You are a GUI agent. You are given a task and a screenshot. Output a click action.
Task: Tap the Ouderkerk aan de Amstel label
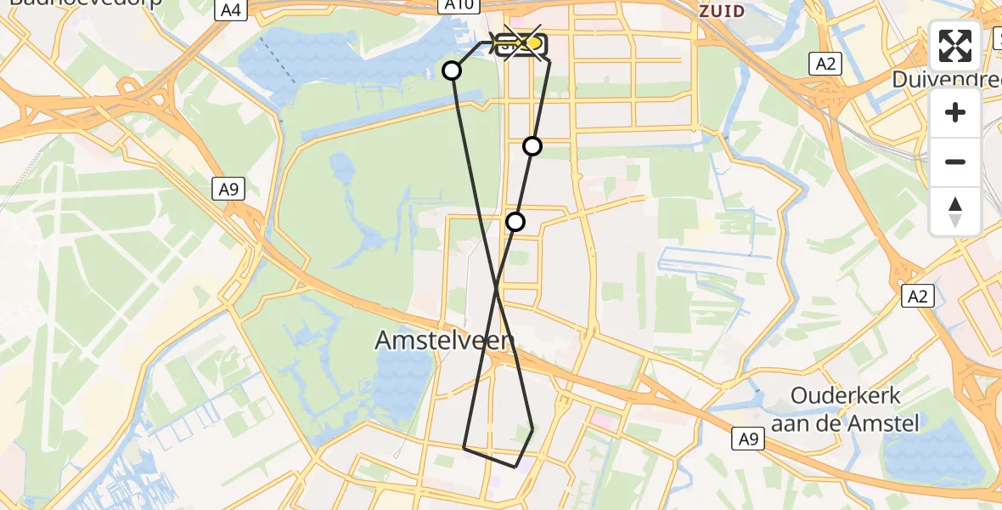pos(855,408)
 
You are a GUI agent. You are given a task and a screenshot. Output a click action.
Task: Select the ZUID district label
pos(721,11)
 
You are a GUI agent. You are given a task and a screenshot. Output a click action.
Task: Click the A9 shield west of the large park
pos(228,189)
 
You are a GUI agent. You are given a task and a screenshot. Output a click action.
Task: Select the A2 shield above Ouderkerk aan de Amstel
pos(920,296)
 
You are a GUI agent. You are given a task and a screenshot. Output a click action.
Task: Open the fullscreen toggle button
pos(955,46)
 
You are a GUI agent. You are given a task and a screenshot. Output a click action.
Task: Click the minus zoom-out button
pos(955,161)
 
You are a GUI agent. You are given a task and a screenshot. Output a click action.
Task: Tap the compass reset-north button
pos(955,212)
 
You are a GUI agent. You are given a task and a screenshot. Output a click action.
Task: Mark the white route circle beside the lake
pos(452,71)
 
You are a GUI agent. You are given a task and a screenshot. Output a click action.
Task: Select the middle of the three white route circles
pos(532,146)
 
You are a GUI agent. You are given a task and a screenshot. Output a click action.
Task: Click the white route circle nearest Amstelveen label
pos(515,222)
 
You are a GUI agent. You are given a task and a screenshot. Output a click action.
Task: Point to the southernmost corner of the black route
pos(515,467)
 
